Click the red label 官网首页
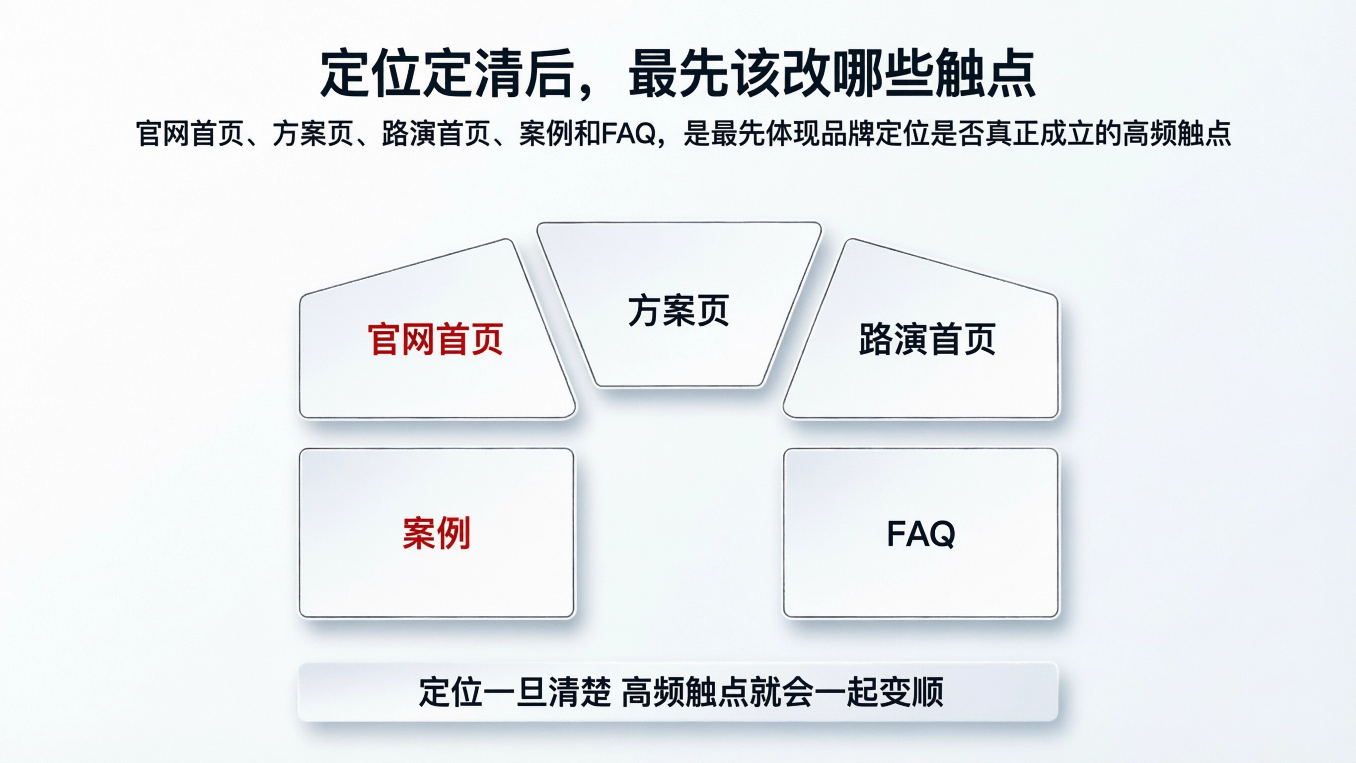point(435,340)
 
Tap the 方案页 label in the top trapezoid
point(678,310)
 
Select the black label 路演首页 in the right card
point(927,340)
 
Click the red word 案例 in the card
point(437,534)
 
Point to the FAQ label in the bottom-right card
point(921,534)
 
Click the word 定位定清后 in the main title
point(447,74)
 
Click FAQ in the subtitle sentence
point(628,134)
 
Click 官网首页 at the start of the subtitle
point(190,134)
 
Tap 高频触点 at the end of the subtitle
point(1177,134)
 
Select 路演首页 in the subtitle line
point(437,134)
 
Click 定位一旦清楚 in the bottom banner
point(515,691)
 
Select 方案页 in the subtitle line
point(313,134)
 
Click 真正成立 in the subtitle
point(1040,134)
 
